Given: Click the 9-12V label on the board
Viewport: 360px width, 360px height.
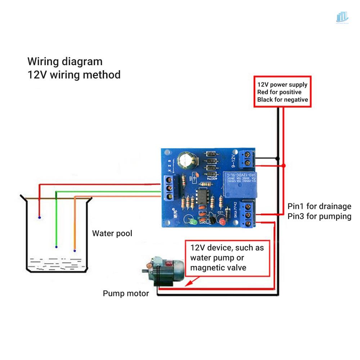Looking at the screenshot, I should click(233, 161).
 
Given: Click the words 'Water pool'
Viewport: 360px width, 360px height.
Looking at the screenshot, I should click(112, 233).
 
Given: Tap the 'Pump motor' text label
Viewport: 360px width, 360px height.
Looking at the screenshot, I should click(126, 293).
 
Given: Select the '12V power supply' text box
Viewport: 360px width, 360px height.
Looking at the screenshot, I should click(282, 92).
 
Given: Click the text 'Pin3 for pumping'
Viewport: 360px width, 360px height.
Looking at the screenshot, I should click(319, 216).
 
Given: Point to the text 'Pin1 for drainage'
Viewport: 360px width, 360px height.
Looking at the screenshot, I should click(319, 206).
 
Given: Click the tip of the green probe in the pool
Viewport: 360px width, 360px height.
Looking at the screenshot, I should click(56, 247).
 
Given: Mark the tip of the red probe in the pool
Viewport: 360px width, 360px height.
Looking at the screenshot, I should click(39, 218).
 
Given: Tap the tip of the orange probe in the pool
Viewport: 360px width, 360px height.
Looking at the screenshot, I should click(75, 250).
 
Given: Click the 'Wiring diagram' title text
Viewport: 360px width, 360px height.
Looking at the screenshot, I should click(65, 61).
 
